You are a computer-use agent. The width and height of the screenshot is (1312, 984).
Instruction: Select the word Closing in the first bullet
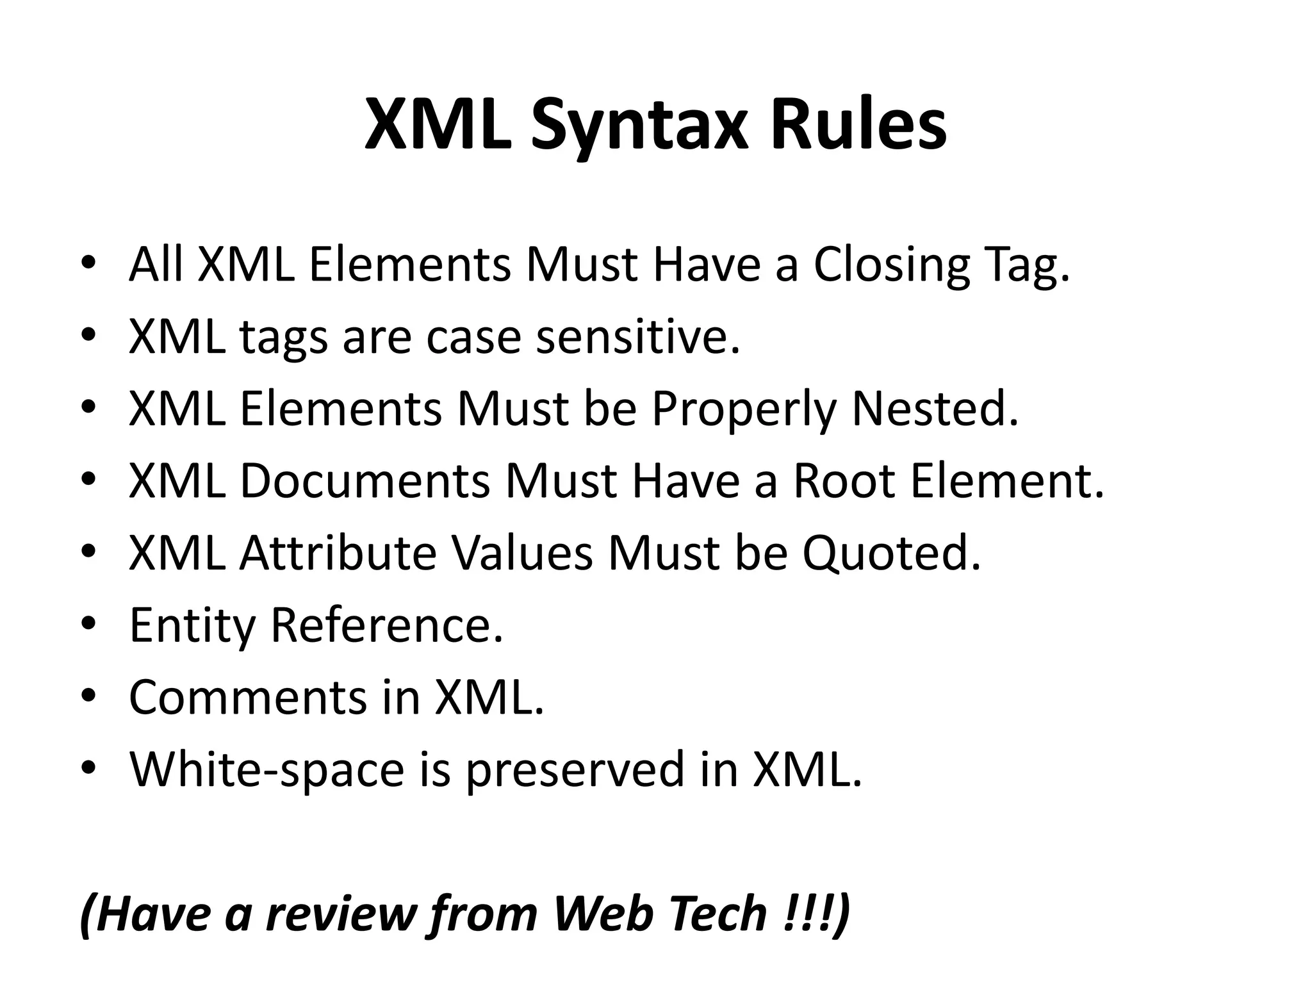point(891,265)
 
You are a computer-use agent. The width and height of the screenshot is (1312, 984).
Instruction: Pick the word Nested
point(935,409)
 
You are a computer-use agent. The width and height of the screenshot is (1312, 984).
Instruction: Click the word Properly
point(744,410)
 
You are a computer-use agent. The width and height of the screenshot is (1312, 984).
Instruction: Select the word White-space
point(266,769)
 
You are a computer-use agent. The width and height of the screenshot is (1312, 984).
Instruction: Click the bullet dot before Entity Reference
point(89,623)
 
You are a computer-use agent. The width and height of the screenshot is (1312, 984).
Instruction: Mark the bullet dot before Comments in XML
point(89,694)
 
